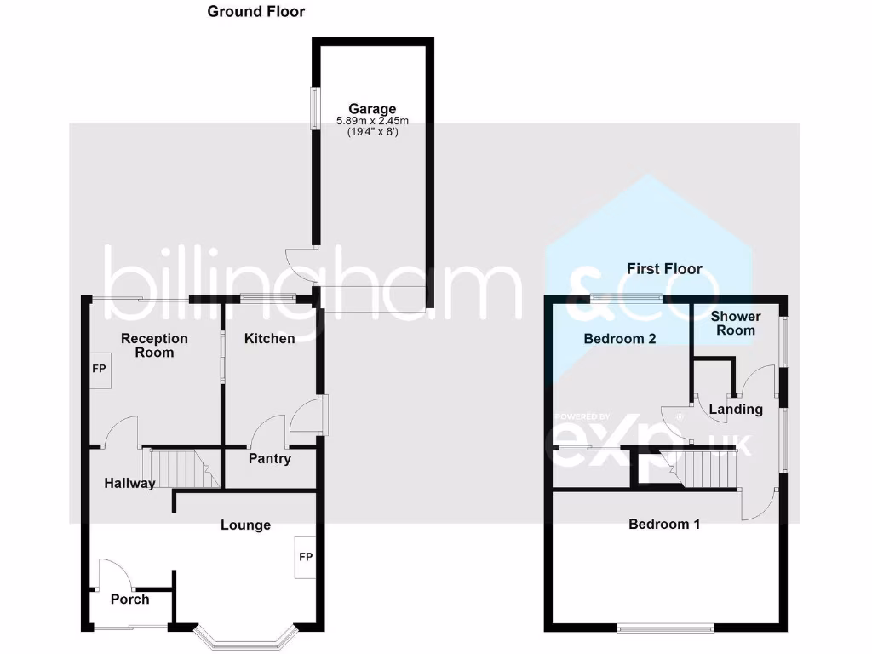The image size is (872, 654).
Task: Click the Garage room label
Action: [371, 109]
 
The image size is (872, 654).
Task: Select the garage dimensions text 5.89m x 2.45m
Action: [371, 121]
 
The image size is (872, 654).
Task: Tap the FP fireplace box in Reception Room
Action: [99, 370]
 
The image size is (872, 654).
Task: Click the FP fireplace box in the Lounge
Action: [306, 558]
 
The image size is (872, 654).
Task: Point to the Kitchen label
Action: [270, 339]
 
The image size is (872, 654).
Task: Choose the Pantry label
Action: [270, 459]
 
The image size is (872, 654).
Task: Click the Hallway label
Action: [129, 484]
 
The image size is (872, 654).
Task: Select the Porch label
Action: [129, 599]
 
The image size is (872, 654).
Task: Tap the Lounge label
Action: [245, 525]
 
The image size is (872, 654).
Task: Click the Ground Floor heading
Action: [255, 12]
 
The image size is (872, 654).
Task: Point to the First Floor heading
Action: [664, 269]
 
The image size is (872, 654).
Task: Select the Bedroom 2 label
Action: [619, 339]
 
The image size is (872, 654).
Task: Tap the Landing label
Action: [736, 410]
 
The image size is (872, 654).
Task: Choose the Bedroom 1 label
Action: [664, 525]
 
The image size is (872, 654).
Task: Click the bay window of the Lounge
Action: [244, 639]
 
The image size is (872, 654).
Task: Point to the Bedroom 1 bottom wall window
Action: [666, 629]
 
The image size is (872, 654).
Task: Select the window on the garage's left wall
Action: [314, 108]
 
